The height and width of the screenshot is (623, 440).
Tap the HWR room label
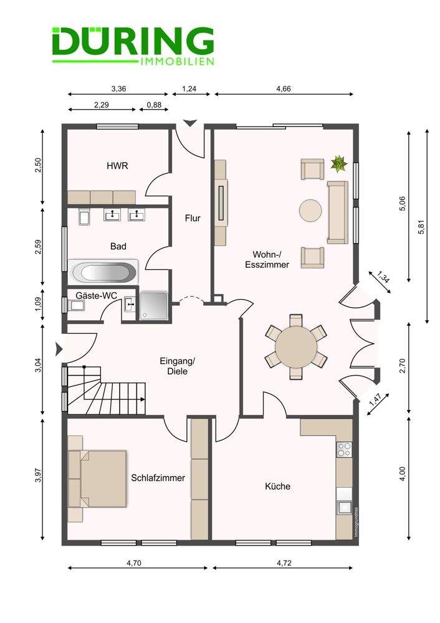point(117,166)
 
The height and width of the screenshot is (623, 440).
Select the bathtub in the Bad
point(103,272)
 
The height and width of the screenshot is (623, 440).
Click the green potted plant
point(338,164)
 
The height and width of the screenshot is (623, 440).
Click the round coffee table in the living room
point(310,211)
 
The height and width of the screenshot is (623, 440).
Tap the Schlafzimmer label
point(158,478)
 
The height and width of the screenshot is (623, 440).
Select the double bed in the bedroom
point(98,478)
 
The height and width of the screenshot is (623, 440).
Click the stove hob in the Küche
point(344,450)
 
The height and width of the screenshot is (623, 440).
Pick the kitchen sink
point(344,507)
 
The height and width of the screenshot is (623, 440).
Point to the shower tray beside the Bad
point(154,306)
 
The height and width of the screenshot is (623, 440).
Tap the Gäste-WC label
point(96,295)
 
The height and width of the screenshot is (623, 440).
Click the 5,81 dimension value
point(421,227)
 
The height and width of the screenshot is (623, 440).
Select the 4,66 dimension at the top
point(284,88)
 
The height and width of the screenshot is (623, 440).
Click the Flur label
point(193,218)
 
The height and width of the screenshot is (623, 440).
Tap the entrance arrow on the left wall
point(59,349)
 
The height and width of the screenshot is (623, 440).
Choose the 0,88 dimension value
point(154,105)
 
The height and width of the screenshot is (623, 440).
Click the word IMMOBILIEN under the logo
point(177,62)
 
